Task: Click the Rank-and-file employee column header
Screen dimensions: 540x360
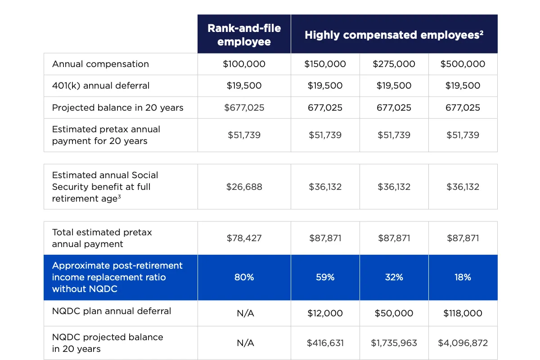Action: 244,35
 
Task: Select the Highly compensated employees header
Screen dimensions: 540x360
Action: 394,35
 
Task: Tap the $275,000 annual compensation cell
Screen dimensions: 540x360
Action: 394,64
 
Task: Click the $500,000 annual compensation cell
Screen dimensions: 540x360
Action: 463,64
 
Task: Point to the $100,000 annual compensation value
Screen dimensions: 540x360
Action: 244,64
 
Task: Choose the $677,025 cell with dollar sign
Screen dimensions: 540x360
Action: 244,108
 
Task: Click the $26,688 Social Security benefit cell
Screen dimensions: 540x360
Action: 244,187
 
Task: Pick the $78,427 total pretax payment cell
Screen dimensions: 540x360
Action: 244,238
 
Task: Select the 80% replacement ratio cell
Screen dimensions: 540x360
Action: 244,277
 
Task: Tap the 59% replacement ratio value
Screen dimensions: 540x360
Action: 325,277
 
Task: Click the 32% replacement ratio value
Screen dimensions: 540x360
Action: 394,277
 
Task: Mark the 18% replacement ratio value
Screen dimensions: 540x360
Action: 463,277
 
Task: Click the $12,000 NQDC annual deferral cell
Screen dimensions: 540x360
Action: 325,313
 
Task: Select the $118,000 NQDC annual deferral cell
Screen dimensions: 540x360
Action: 463,313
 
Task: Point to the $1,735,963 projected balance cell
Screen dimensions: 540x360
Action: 394,343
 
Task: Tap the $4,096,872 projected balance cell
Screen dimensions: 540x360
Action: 463,343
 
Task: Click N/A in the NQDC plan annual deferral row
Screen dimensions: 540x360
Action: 245,313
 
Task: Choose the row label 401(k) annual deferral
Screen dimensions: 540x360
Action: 101,85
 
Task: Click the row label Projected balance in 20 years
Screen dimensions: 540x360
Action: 117,108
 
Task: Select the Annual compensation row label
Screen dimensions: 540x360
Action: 100,64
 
